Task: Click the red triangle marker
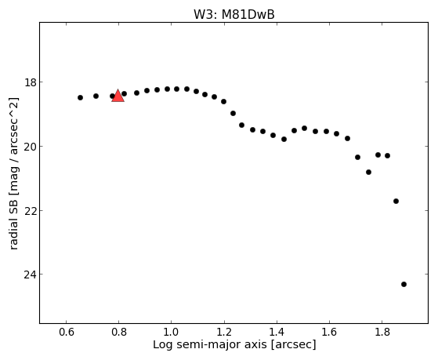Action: pos(118,96)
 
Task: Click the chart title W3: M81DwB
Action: pos(234,15)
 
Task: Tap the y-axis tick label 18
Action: pos(30,82)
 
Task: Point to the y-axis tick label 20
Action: pos(30,147)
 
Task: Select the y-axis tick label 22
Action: pos(30,210)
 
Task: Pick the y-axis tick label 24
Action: pos(30,275)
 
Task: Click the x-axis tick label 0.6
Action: pos(66,332)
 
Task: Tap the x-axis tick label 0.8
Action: pos(119,332)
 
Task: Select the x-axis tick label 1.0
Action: pos(172,332)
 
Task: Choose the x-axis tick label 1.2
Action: pos(224,332)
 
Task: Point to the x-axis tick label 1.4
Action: pos(277,332)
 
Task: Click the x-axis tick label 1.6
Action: pos(329,332)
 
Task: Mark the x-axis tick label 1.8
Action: pos(382,332)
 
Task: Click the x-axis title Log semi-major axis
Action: pos(210,344)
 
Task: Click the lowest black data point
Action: pos(404,284)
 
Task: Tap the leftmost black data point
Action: pos(80,97)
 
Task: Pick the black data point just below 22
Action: pos(396,201)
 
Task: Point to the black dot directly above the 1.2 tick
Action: pos(223,101)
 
